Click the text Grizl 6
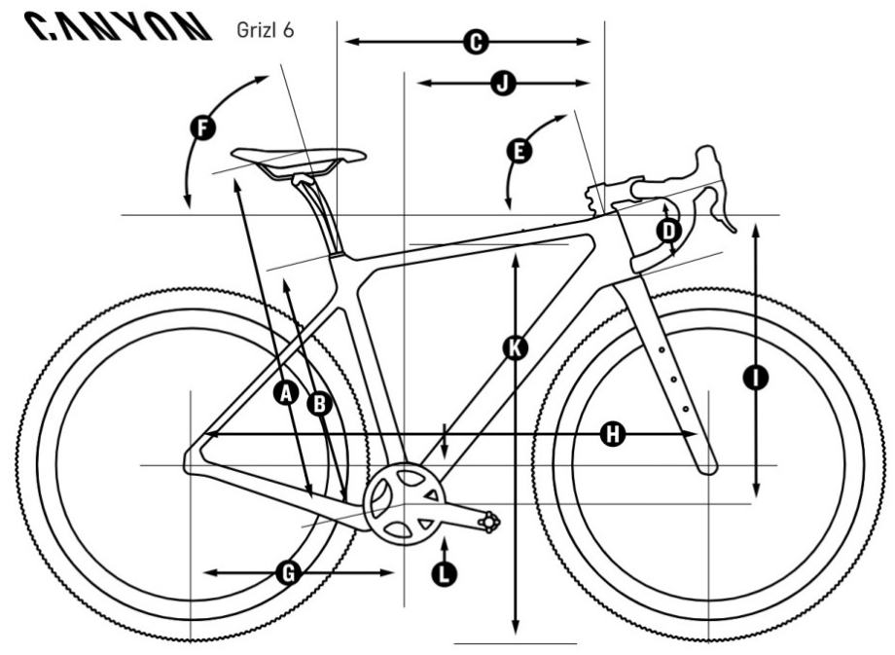pos(264,28)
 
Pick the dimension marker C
pos(474,42)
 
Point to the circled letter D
pos(668,231)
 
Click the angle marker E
pos(519,151)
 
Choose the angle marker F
pos(202,127)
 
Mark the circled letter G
pos(287,573)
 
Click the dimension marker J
pos(503,84)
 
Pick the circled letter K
pos(517,347)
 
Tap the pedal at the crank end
pos(487,525)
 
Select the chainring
pos(400,504)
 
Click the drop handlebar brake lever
pos(721,204)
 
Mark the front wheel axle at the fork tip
pos(709,466)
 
